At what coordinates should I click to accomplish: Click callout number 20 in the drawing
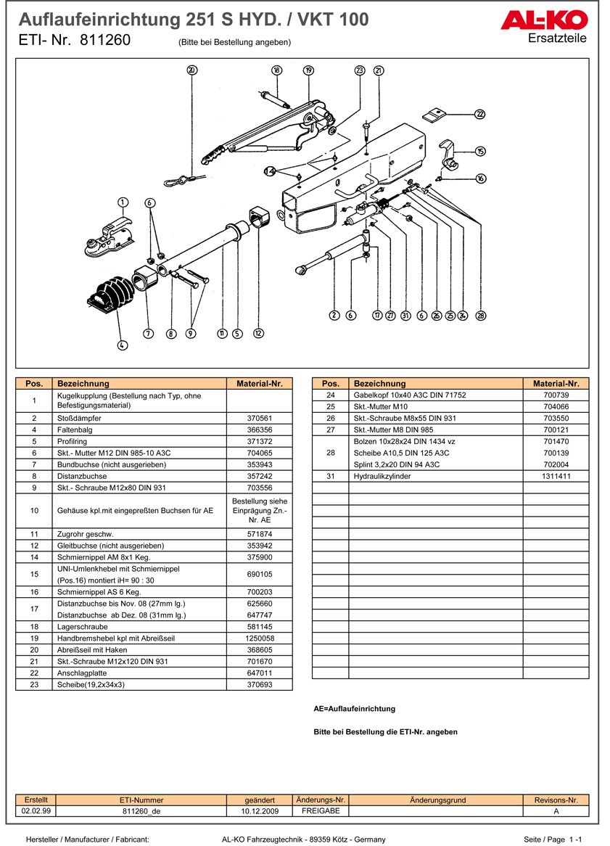(191, 70)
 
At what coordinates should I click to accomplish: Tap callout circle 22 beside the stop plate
(480, 114)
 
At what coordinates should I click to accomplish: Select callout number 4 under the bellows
(123, 346)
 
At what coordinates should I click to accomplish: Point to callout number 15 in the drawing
(480, 151)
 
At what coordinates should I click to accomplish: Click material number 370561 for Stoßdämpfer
(259, 419)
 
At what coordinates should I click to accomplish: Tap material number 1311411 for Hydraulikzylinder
(556, 476)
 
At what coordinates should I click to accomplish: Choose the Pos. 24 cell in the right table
(330, 395)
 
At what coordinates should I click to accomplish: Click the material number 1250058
(259, 638)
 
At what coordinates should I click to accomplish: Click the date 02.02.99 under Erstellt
(36, 811)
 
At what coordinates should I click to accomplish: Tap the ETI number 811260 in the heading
(106, 41)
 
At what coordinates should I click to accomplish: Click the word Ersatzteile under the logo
(557, 38)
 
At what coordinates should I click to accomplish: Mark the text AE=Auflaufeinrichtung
(354, 709)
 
